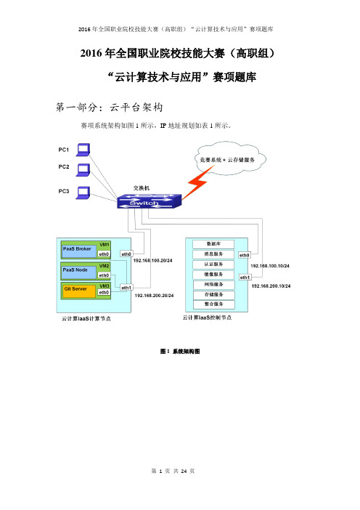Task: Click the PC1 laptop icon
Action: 83,150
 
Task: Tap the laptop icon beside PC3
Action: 83,193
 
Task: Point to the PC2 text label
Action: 64,167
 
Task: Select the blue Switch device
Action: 149,201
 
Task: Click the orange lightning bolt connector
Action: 197,182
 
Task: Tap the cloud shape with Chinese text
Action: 230,158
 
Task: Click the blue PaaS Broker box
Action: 79,251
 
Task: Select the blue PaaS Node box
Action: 79,272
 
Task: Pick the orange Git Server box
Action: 79,291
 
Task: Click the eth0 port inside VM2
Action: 104,275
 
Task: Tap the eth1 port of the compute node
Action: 126,288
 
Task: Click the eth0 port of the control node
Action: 245,255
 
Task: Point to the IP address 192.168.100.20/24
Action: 152,261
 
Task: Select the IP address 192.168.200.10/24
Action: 271,286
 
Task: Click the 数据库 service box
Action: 213,244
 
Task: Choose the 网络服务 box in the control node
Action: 213,285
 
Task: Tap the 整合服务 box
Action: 213,304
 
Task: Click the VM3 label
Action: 105,286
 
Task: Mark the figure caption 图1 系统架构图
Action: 180,352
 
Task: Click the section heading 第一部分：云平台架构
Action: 109,107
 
